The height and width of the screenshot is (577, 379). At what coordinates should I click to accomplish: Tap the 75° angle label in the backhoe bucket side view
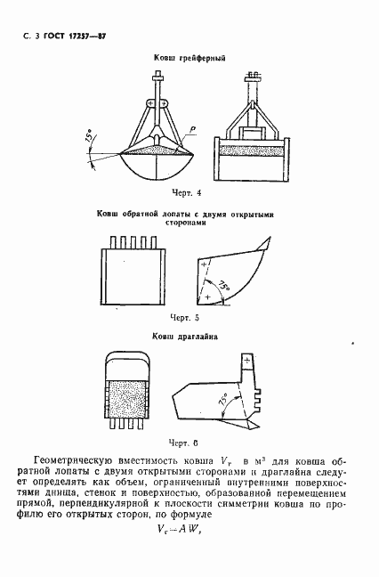pos(226,286)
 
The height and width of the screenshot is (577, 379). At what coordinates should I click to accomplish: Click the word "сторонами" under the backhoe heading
pos(189,225)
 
